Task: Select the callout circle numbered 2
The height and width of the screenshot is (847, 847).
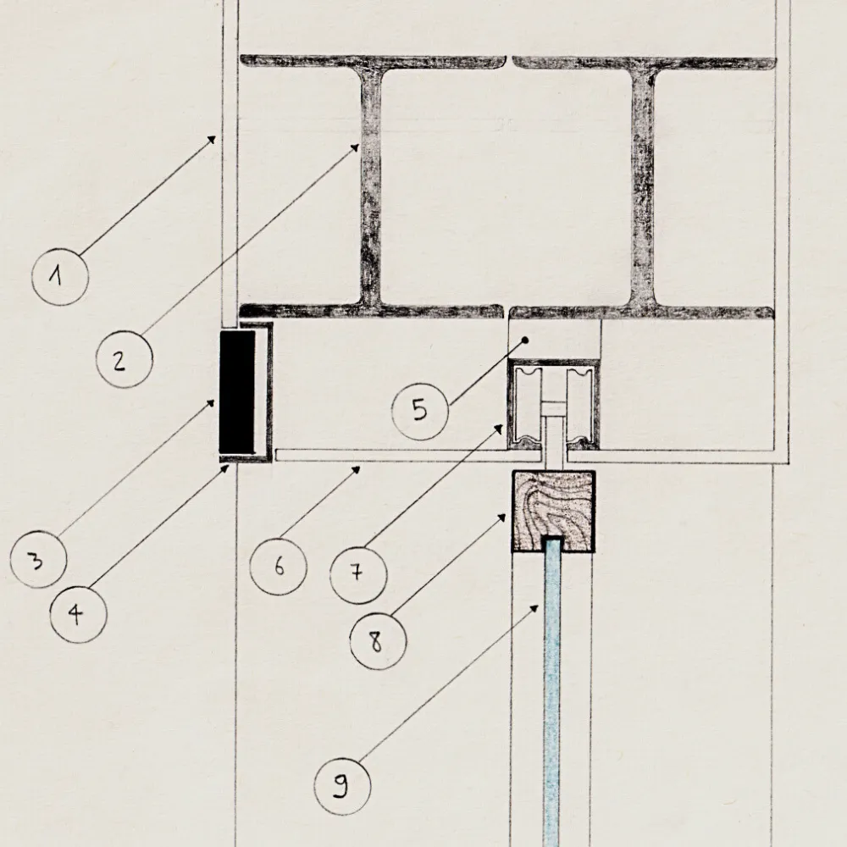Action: point(124,360)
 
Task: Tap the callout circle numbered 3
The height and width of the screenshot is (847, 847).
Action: point(38,560)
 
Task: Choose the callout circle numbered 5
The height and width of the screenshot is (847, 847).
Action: point(420,411)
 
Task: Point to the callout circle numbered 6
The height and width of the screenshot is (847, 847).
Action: point(279,565)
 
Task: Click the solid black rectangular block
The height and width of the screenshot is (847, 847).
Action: point(237,391)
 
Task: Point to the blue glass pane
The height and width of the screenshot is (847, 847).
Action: point(551,695)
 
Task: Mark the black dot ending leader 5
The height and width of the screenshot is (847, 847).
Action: point(525,340)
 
